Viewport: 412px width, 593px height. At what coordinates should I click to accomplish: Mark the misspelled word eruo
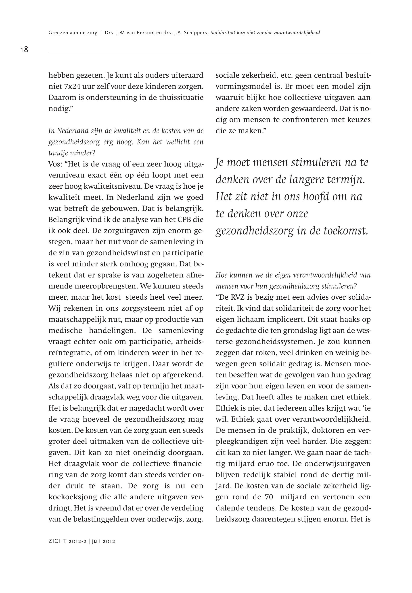pyautogui.click(x=263, y=464)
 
